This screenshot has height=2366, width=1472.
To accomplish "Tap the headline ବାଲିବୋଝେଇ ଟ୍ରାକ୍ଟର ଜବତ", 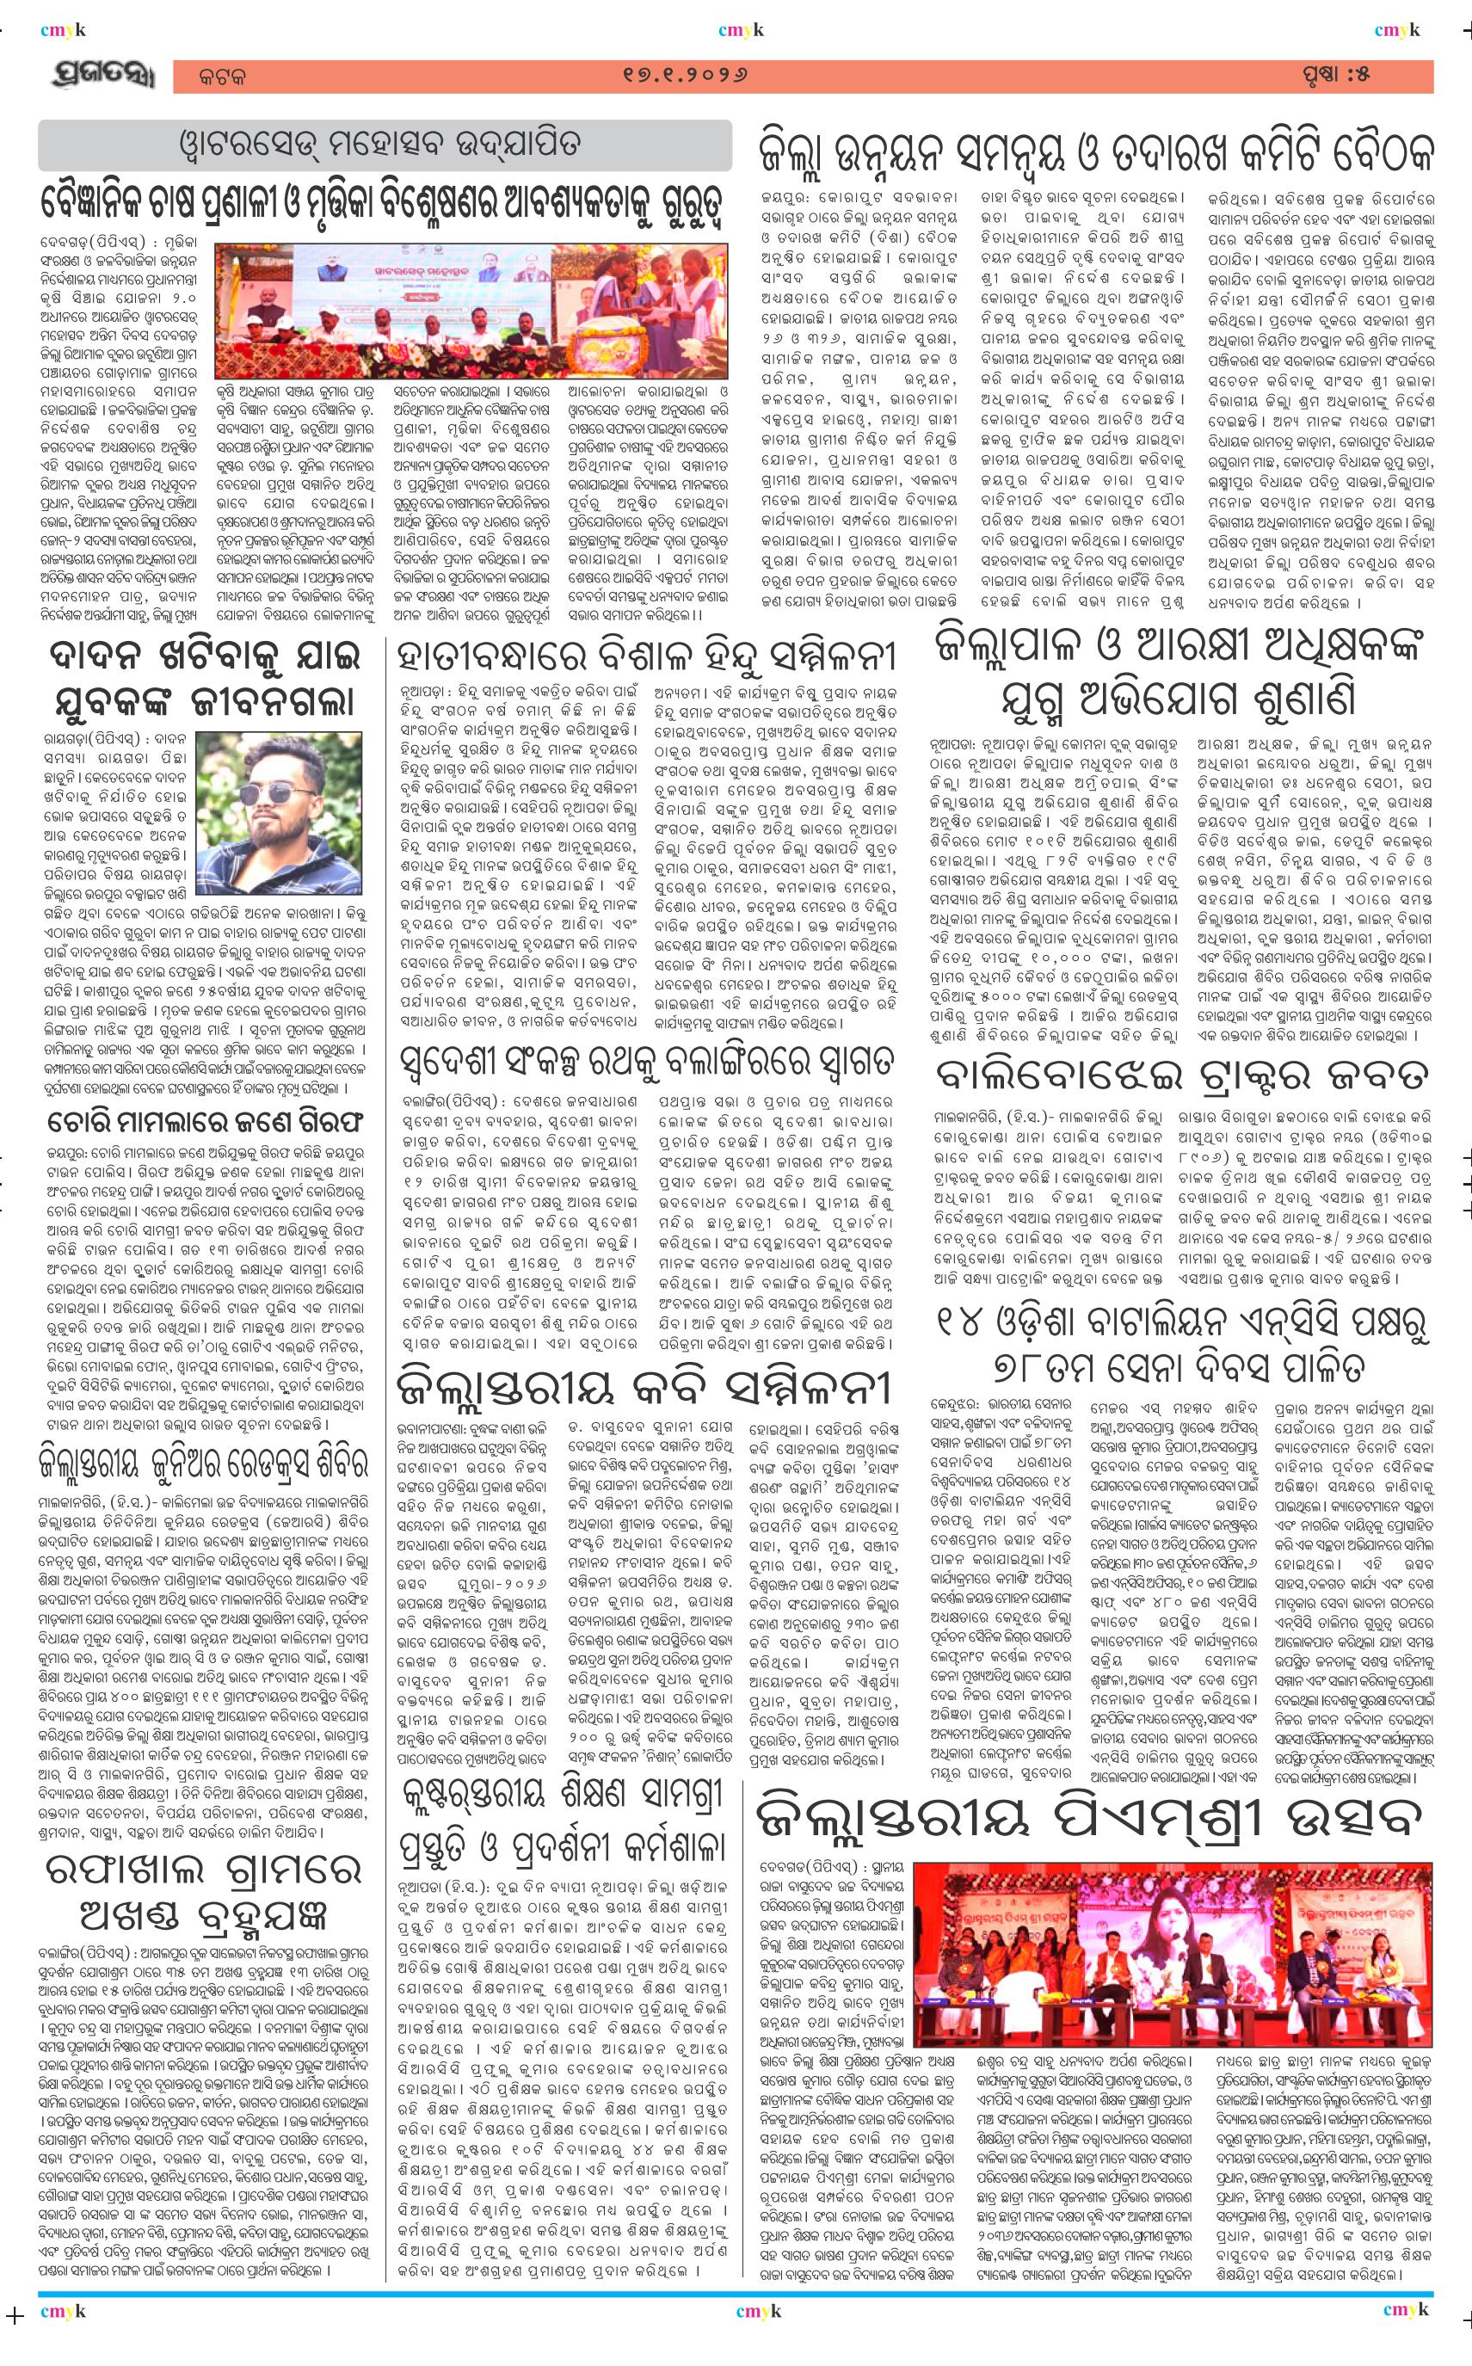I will pyautogui.click(x=1182, y=1075).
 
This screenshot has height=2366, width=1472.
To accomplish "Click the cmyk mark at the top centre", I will pyautogui.click(x=741, y=31).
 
